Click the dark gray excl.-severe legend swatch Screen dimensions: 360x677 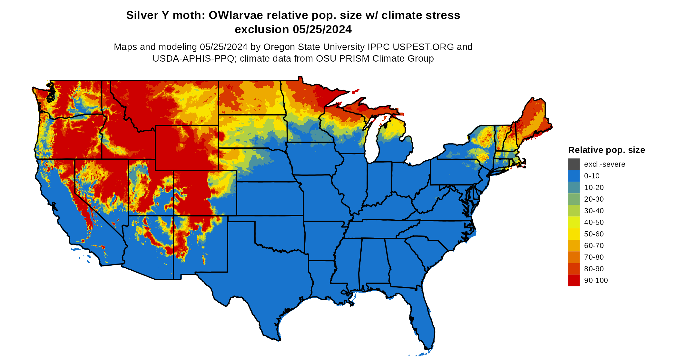tap(574, 164)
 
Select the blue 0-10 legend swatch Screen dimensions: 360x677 tap(574, 176)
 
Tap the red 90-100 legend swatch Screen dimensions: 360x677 tap(574, 280)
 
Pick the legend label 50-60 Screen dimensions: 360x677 tap(594, 234)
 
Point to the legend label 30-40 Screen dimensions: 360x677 tap(594, 211)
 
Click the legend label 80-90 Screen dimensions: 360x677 tap(594, 269)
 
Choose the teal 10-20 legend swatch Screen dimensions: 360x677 tap(574, 187)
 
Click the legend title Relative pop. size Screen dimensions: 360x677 tap(606, 150)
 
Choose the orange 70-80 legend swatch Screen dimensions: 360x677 tap(574, 257)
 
